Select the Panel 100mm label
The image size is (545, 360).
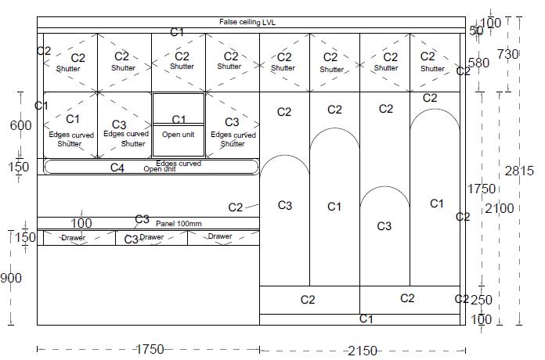pyautogui.click(x=179, y=224)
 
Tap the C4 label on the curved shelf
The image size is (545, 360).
pyautogui.click(x=117, y=167)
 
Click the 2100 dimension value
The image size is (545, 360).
pyautogui.click(x=499, y=208)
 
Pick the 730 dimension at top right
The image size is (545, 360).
pyautogui.click(x=508, y=54)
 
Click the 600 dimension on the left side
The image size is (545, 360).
pyautogui.click(x=20, y=126)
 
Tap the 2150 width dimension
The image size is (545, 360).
pyautogui.click(x=363, y=351)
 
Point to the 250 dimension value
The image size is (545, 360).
pyautogui.click(x=482, y=300)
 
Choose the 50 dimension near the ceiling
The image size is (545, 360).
pyautogui.click(x=477, y=31)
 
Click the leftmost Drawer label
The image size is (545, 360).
pyautogui.click(x=74, y=237)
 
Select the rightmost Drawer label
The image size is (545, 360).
pyautogui.click(x=220, y=236)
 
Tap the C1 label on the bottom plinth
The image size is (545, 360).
pyautogui.click(x=366, y=319)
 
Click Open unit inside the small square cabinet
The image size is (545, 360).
pyautogui.click(x=178, y=135)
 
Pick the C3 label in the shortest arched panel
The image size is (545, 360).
pyautogui.click(x=384, y=226)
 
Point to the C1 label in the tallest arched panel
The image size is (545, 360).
pyautogui.click(x=437, y=203)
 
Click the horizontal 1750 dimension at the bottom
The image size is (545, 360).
pyautogui.click(x=148, y=349)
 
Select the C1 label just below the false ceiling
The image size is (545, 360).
pyautogui.click(x=178, y=32)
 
